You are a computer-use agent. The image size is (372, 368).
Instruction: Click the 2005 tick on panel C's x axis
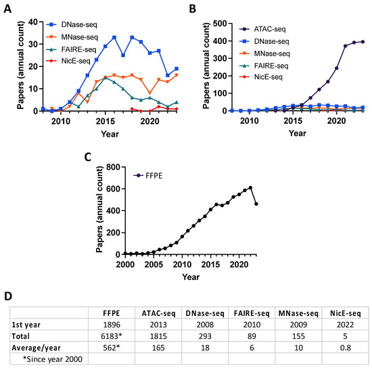154,265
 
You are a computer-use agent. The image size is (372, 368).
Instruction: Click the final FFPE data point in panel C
256,204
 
